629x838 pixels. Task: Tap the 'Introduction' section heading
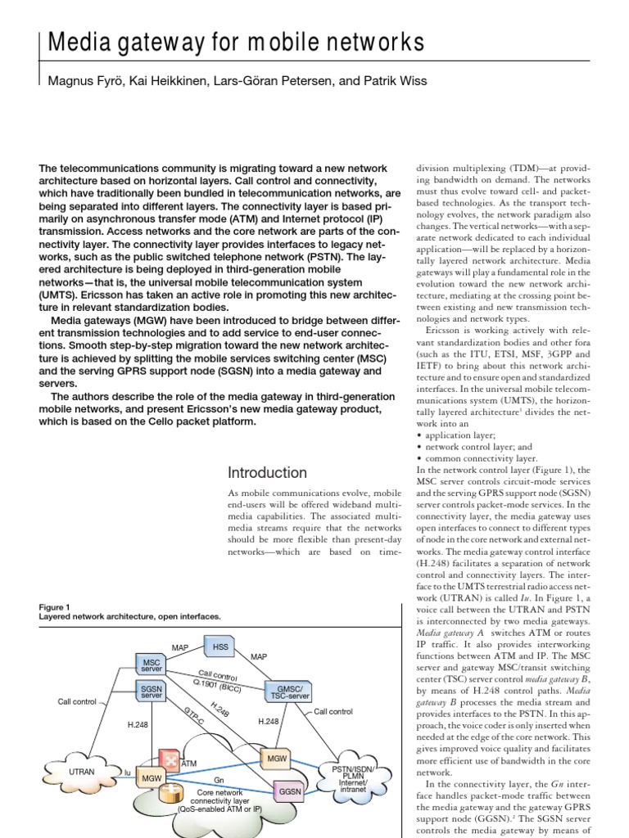[266, 472]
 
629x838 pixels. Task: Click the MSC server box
[152, 665]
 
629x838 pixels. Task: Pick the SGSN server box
[152, 692]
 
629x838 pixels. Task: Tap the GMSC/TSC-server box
[287, 692]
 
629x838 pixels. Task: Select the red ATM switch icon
[170, 759]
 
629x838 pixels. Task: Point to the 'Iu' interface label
[127, 772]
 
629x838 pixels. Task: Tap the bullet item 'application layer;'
[459, 435]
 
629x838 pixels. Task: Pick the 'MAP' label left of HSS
[180, 647]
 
